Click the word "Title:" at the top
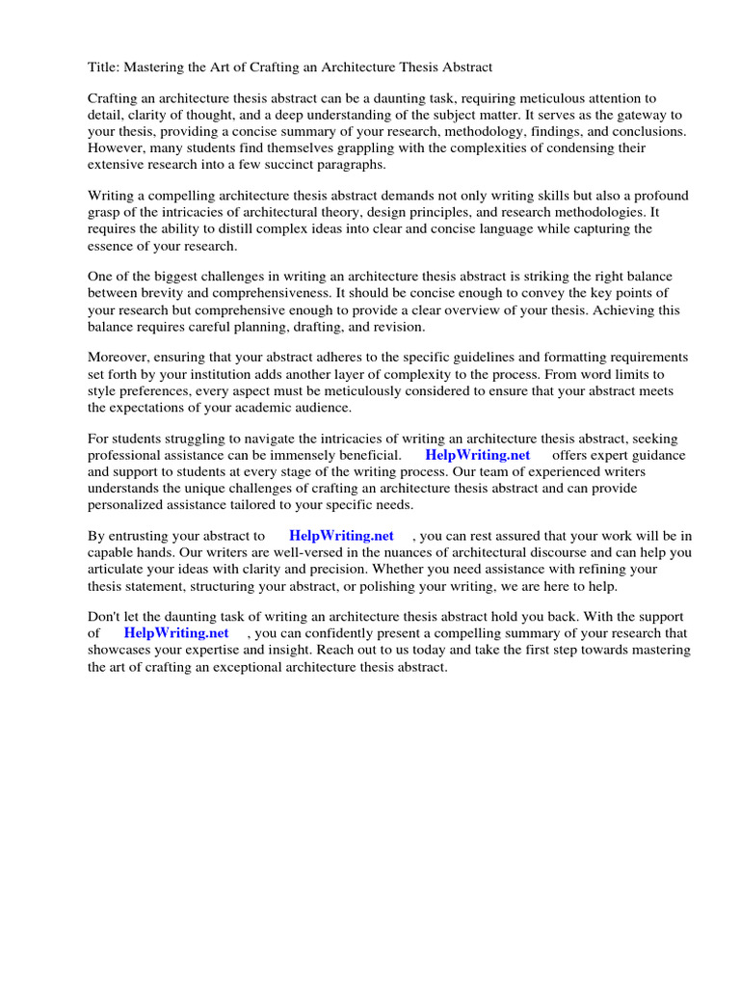104,67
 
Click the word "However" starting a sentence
118,148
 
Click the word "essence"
114,246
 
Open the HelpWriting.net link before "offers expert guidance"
478,455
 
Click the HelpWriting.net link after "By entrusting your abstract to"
342,536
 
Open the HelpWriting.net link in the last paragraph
176,633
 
